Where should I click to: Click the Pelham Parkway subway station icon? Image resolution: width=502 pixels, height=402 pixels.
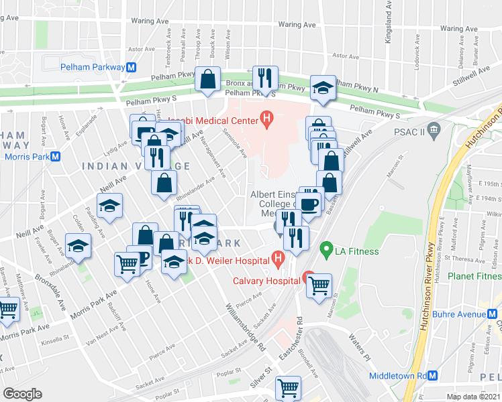tap(132, 67)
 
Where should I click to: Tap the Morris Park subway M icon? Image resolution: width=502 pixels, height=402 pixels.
tap(56, 157)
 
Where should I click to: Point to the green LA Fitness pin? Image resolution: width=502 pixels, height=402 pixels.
tap(327, 251)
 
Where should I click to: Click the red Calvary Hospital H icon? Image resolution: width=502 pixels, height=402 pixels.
tap(309, 276)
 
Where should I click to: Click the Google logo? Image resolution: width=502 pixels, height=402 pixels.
tap(22, 393)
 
